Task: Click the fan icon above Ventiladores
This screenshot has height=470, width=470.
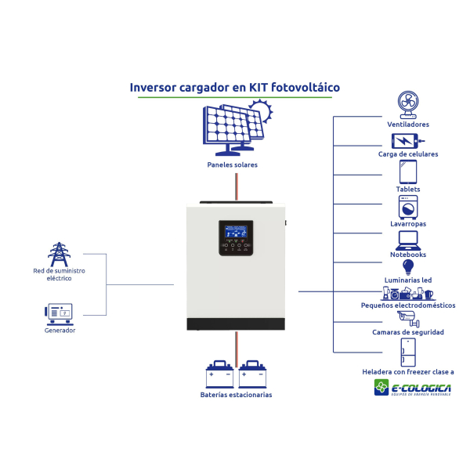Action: point(407,103)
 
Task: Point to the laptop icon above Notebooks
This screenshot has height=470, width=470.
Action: point(407,239)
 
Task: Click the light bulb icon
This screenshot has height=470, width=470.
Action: point(407,267)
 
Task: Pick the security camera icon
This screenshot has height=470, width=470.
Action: point(407,318)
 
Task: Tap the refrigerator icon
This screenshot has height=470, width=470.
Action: point(407,352)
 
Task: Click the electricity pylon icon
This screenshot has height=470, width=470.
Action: point(58,254)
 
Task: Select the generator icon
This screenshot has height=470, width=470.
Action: point(59,314)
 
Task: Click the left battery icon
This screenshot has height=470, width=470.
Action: point(219,374)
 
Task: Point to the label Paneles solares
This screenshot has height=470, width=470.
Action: point(233,165)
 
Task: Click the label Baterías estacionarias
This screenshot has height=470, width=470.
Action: point(236,395)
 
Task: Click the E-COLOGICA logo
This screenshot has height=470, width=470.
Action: point(413,388)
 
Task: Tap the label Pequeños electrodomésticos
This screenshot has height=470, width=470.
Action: point(407,305)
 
